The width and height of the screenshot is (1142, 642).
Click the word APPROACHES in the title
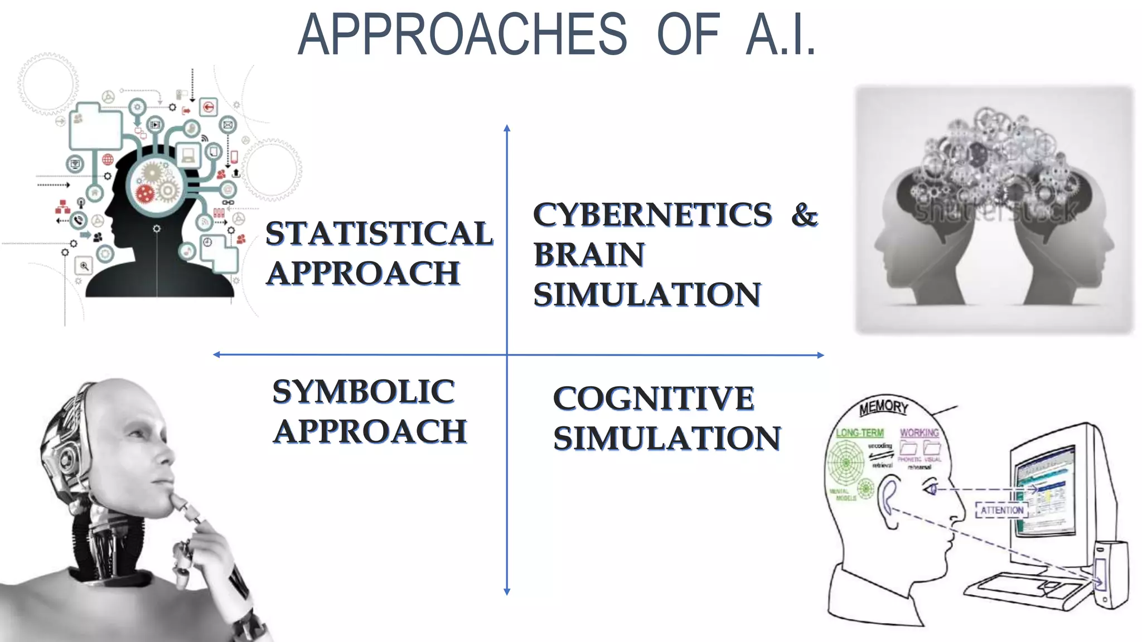[462, 35]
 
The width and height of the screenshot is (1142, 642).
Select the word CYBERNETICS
[652, 215]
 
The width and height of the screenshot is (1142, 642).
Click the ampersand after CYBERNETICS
[804, 215]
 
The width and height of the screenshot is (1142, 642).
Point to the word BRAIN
[589, 255]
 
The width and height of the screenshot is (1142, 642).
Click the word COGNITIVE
[654, 398]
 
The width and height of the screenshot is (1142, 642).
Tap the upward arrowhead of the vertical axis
[507, 129]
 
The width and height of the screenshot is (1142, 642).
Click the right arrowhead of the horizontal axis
[820, 355]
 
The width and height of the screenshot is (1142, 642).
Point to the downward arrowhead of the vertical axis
[507, 592]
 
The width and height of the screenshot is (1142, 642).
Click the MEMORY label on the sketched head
[883, 407]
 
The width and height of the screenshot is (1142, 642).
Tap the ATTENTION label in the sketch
[1001, 510]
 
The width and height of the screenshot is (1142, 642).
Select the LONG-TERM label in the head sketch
[859, 432]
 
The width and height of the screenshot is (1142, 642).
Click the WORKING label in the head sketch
[919, 432]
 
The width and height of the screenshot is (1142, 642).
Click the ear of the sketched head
[888, 498]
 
